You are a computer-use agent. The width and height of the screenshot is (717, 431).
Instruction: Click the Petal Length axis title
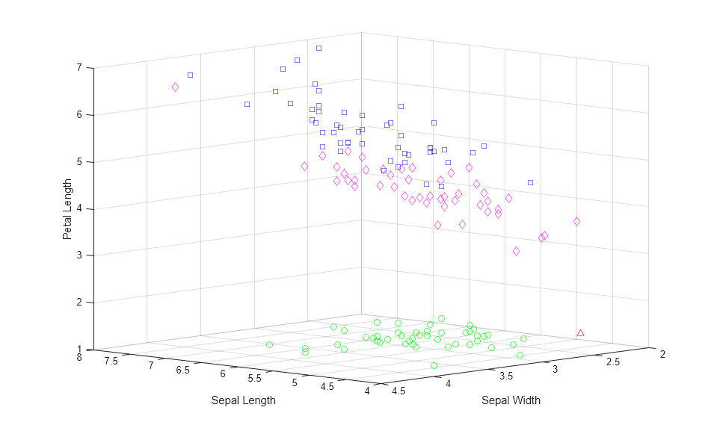pyautogui.click(x=67, y=209)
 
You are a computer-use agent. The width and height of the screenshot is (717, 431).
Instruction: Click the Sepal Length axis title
pyautogui.click(x=243, y=400)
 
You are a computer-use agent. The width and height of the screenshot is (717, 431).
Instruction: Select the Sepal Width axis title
pyautogui.click(x=511, y=400)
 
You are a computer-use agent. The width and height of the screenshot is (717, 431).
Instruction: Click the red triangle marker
pyautogui.click(x=580, y=332)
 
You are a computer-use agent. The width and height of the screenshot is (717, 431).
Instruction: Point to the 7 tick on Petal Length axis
pyautogui.click(x=79, y=68)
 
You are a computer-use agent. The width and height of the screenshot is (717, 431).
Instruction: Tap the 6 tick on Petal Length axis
pyautogui.click(x=79, y=115)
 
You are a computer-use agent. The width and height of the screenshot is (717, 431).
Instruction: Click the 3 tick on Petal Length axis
pyautogui.click(x=79, y=255)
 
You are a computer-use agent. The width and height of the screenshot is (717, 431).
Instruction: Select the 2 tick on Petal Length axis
pyautogui.click(x=79, y=303)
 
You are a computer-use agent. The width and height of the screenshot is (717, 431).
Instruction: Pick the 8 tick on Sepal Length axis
pyautogui.click(x=79, y=357)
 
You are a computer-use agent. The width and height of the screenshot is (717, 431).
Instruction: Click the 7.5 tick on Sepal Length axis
pyautogui.click(x=112, y=362)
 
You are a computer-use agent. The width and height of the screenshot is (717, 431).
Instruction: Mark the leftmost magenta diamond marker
pyautogui.click(x=175, y=87)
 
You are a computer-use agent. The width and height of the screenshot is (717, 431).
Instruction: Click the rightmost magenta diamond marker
pyautogui.click(x=576, y=221)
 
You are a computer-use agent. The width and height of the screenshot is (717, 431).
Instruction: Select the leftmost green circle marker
pyautogui.click(x=269, y=344)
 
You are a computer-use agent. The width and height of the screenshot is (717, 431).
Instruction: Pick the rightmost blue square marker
pyautogui.click(x=530, y=182)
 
